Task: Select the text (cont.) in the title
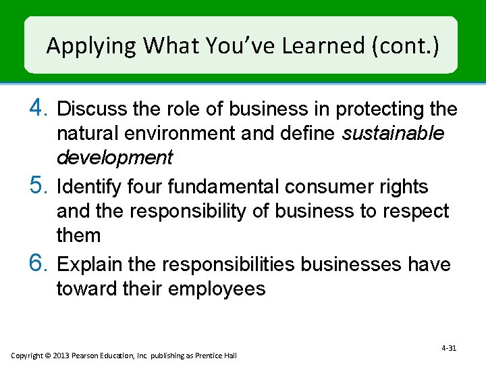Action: [x=404, y=47]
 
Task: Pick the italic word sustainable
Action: [x=393, y=133]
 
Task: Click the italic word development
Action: [x=115, y=158]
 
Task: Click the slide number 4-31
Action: [x=449, y=347]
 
